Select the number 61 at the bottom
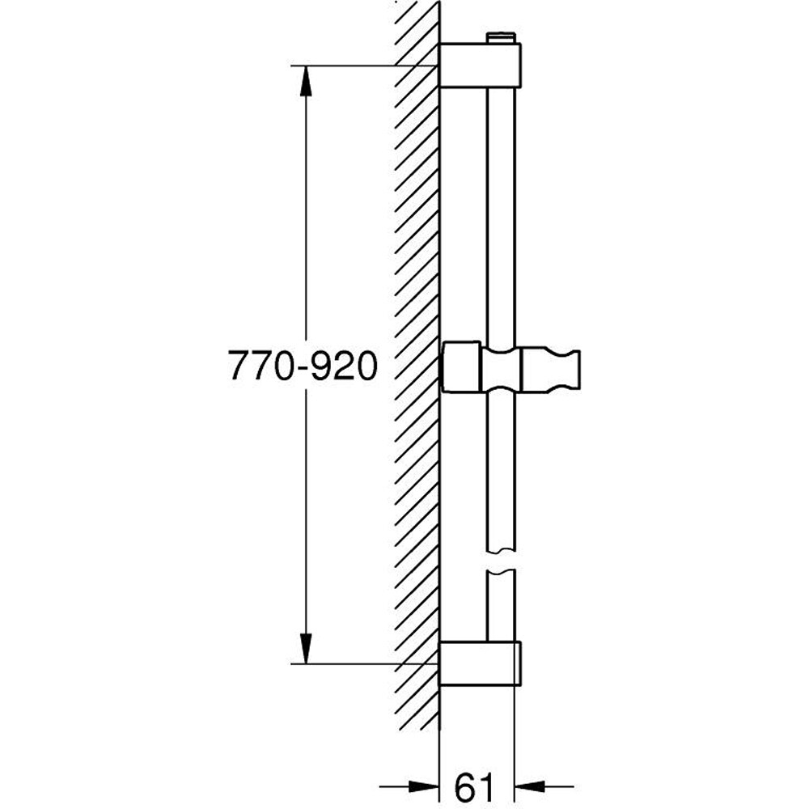pyautogui.click(x=475, y=785)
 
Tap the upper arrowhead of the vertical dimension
pyautogui.click(x=306, y=81)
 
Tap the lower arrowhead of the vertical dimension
pyautogui.click(x=306, y=647)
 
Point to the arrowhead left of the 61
pyautogui.click(x=421, y=785)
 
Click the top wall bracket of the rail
pyautogui.click(x=480, y=65)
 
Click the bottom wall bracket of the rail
pyautogui.click(x=480, y=663)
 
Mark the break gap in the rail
pyautogui.click(x=502, y=561)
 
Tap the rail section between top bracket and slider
pyautogui.click(x=502, y=210)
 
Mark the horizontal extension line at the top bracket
pyautogui.click(x=364, y=65)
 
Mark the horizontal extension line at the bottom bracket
pyautogui.click(x=364, y=663)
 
